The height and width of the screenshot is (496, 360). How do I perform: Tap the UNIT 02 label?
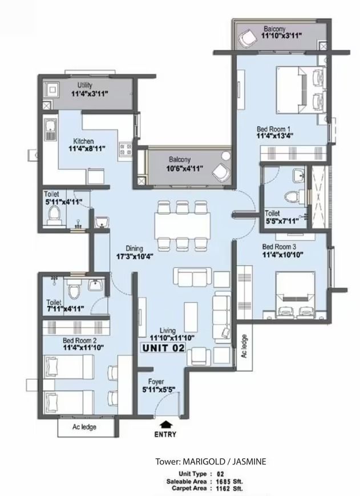[163, 348]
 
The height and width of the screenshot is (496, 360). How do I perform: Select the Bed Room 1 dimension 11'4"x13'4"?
[275, 136]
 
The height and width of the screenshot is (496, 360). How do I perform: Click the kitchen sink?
[50, 130]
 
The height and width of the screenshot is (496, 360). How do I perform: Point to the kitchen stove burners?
[126, 150]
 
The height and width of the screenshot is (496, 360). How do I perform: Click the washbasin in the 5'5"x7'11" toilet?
[298, 176]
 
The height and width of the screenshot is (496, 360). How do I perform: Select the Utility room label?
[85, 85]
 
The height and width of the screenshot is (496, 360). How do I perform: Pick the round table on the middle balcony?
[226, 156]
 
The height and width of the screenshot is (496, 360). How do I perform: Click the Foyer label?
[156, 382]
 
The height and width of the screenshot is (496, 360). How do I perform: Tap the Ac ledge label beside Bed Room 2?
[84, 427]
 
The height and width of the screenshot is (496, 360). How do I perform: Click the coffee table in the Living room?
[191, 313]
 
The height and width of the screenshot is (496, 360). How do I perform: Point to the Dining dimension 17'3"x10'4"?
[135, 256]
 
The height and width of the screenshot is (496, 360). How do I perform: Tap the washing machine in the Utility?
[51, 90]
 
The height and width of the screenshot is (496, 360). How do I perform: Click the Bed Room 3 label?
[279, 247]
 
